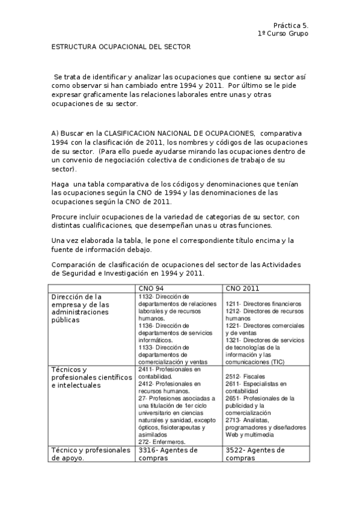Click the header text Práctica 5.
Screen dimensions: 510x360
click(290, 26)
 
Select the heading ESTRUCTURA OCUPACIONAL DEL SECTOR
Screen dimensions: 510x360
click(120, 46)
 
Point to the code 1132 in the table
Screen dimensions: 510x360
click(145, 296)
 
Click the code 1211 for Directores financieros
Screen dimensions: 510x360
click(233, 304)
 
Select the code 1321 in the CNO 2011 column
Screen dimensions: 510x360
click(233, 339)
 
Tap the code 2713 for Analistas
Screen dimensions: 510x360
click(233, 419)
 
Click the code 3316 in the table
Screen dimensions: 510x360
click(148, 450)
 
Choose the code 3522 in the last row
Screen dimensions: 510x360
click(235, 450)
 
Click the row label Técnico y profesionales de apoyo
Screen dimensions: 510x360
click(90, 453)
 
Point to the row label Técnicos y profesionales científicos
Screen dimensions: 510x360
click(90, 377)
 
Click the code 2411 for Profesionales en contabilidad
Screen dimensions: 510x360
click(145, 369)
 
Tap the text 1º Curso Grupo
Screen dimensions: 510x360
click(282, 34)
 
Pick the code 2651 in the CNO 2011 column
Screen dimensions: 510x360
click(233, 398)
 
